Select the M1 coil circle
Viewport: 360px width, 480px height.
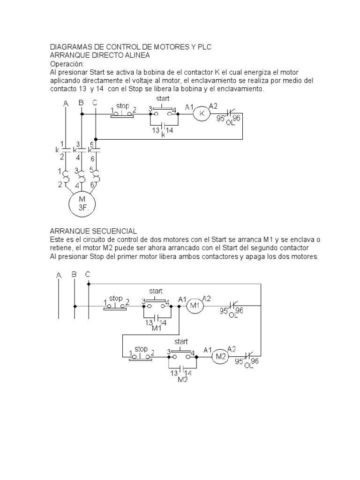tap(195, 306)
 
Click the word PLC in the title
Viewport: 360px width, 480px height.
tap(204, 47)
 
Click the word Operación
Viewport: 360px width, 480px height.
tap(67, 64)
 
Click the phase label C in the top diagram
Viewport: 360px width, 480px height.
tap(95, 103)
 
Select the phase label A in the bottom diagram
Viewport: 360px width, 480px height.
tap(59, 276)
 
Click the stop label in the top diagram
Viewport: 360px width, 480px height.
tap(122, 106)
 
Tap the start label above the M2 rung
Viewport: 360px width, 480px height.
tap(181, 342)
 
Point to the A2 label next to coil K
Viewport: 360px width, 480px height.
tap(213, 106)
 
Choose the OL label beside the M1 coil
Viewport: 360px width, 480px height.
tap(233, 315)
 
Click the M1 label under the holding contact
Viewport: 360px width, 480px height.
tap(157, 328)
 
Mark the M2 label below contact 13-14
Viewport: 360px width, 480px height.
tap(182, 379)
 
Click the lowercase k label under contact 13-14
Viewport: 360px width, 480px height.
tap(163, 135)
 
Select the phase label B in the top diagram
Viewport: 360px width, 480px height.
tap(81, 103)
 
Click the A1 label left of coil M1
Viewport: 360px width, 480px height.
tap(182, 299)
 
